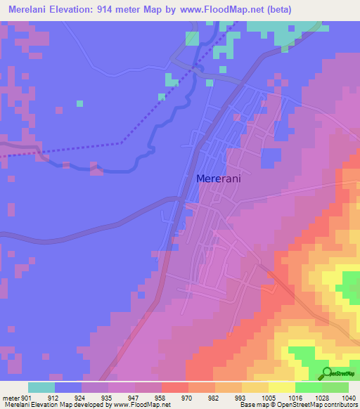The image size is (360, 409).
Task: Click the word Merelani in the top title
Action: click(x=32, y=10)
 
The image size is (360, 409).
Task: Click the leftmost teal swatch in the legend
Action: click(x=41, y=387)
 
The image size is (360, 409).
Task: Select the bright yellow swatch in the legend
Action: click(x=282, y=387)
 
